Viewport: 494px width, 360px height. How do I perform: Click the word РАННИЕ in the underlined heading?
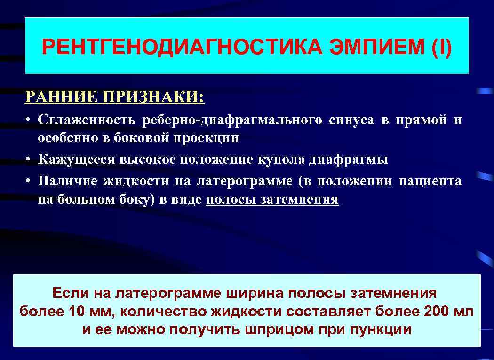[x=54, y=97]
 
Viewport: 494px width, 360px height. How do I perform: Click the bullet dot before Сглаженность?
[x=29, y=120]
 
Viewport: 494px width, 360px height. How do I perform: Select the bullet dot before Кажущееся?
[x=29, y=160]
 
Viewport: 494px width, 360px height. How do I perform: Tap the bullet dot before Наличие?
[x=29, y=181]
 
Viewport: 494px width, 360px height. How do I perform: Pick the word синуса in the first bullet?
[x=351, y=120]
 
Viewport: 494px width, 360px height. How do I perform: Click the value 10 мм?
[x=91, y=311]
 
